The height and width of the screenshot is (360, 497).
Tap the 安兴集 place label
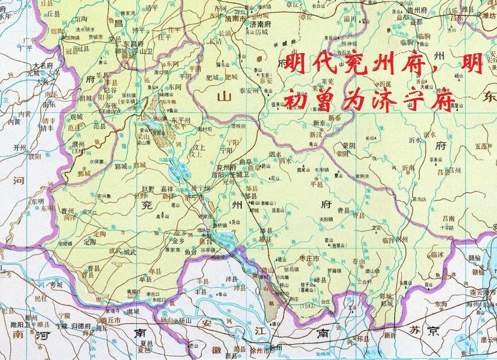pos(103,196)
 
